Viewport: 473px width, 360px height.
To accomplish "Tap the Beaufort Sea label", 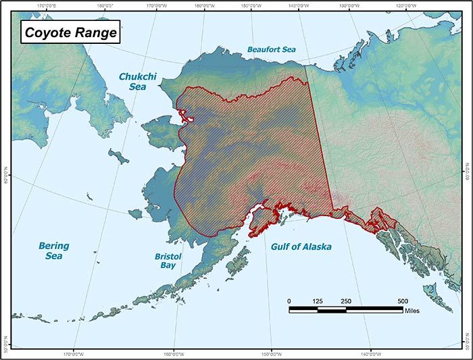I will coord(270,49).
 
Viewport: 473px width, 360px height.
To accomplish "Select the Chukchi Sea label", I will coord(137,82).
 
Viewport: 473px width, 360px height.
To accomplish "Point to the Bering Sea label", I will coord(53,251).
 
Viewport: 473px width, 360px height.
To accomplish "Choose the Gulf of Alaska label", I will coord(301,247).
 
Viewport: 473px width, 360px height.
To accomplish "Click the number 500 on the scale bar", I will coord(403,301).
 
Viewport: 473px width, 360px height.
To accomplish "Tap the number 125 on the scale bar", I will coord(318,301).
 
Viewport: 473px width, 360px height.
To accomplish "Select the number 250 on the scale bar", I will coord(346,301).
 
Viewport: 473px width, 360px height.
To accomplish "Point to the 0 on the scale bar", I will coord(289,301).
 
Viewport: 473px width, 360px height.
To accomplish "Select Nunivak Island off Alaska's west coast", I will coord(135,213).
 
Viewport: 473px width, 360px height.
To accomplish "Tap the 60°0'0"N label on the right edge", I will coord(468,175).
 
